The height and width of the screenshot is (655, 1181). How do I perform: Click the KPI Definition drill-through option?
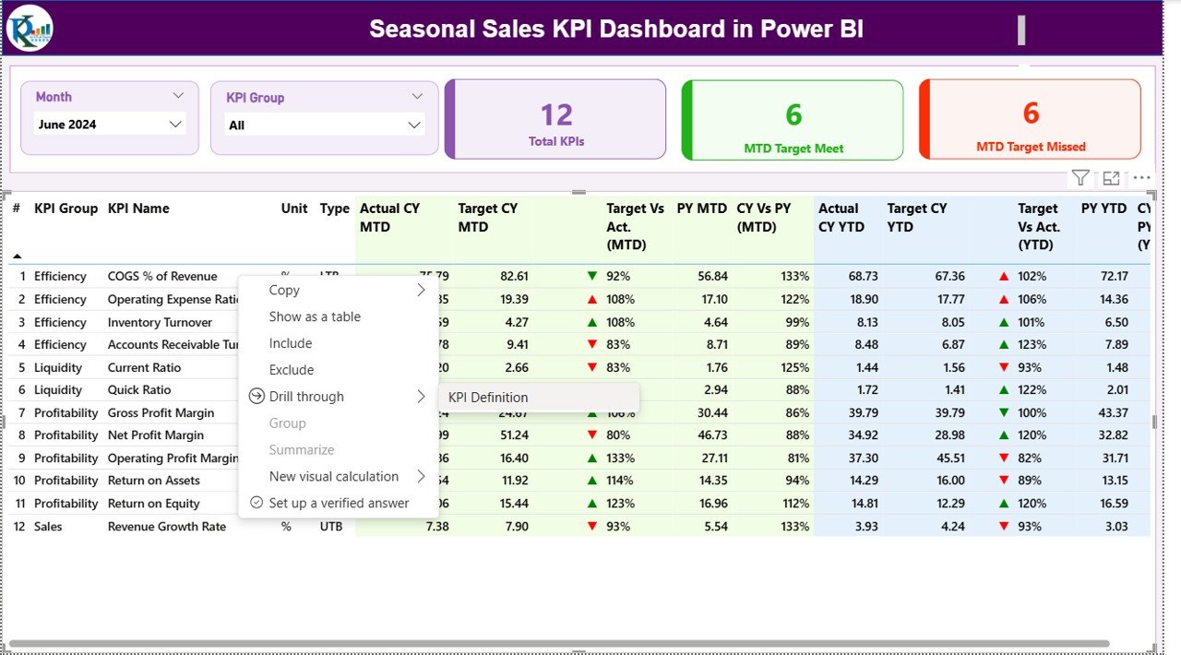488,398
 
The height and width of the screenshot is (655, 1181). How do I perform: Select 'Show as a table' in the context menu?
315,316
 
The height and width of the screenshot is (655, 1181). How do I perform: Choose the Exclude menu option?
292,370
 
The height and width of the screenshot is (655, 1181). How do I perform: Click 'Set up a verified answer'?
339,503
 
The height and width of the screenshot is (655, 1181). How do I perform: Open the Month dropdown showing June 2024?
110,125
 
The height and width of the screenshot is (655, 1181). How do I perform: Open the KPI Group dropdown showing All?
324,125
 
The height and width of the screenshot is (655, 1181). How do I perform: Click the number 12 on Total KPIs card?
556,115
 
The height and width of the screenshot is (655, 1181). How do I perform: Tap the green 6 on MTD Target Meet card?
793,115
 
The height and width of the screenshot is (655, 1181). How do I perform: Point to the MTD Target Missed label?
1031,147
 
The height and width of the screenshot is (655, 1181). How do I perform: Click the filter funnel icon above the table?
1080,178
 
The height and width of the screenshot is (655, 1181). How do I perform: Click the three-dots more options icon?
1142,178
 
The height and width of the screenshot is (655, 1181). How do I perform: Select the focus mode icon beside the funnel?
1111,178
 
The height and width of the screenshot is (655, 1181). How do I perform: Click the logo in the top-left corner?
30,28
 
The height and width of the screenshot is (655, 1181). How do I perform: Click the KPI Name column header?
138,208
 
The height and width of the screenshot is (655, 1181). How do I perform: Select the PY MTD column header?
701,208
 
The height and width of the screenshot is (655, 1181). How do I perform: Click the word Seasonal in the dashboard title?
415,29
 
